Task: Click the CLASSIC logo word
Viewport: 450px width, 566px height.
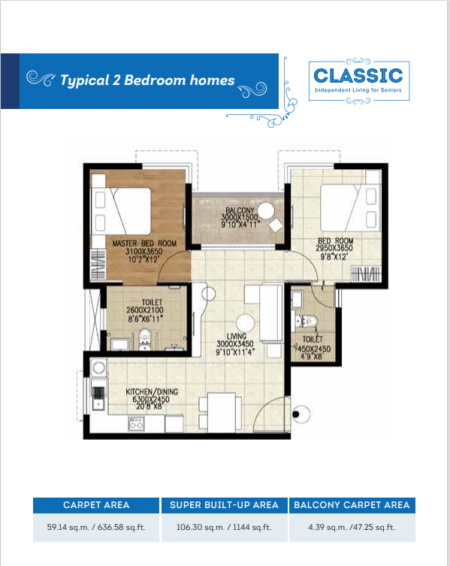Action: coord(358,75)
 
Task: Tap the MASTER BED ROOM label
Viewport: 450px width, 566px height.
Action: coord(144,244)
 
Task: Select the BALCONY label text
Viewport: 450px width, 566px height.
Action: coord(240,210)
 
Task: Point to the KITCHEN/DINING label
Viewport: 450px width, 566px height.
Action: coord(152,392)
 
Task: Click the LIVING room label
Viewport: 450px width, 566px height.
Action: coord(237,336)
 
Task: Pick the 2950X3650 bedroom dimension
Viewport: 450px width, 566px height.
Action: coord(334,248)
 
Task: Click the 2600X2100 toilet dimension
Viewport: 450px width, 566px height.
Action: coord(145,310)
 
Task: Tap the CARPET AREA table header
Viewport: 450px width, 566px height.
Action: coord(96,505)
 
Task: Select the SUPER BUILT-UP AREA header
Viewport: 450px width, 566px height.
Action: coord(224,505)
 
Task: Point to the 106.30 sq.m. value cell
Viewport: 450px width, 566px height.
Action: coord(224,528)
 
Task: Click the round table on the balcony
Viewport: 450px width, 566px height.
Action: coord(266,210)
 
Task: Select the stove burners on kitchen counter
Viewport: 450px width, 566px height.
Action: coord(136,424)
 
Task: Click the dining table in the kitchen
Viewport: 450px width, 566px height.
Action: coord(221,412)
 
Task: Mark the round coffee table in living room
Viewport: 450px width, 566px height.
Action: coord(246,323)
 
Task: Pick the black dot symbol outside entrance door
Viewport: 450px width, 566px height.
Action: coord(296,414)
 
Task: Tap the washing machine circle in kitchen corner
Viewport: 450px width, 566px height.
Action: coord(98,368)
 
